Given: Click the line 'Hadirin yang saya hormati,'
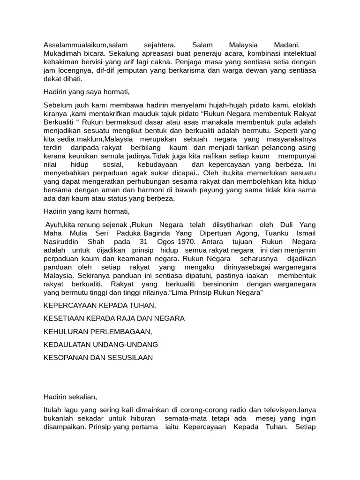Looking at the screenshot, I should coord(86,92).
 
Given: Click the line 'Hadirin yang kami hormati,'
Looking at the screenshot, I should coord(86,211).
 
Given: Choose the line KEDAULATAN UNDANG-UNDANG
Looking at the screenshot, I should coord(101,345).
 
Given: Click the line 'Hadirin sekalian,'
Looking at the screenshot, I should coord(70,397).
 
